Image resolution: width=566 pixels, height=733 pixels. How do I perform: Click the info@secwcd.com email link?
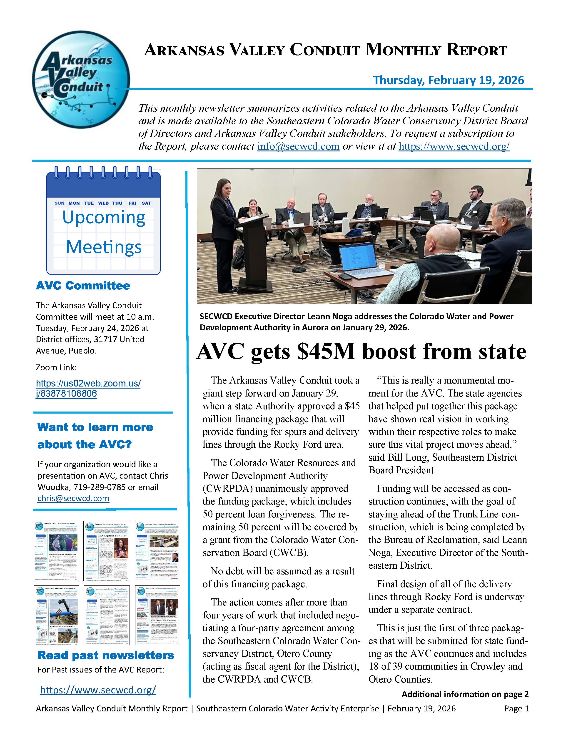pos(298,146)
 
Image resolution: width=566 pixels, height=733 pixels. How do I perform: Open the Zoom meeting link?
pos(88,388)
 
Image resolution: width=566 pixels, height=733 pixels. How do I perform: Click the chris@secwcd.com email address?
pos(73,498)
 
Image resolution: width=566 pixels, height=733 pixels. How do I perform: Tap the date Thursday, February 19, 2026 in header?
pos(448,80)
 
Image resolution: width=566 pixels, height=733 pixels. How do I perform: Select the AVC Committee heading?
pos(83,286)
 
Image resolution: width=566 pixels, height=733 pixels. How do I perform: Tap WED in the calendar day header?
pos(103,203)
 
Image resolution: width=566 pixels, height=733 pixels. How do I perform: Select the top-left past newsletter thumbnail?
pos(56,551)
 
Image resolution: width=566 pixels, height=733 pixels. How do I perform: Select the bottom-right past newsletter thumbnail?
pos(157,615)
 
